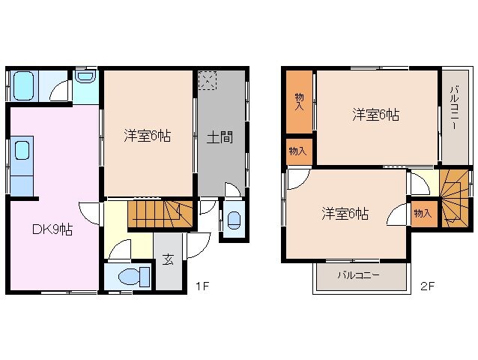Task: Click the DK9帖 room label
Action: coord(52,230)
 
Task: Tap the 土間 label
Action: coord(220,137)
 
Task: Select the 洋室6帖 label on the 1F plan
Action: coord(147,136)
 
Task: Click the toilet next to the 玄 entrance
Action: coord(128,276)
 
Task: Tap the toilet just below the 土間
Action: coord(233,220)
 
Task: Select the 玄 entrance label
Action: coord(168,260)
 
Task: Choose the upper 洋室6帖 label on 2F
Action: coord(375,115)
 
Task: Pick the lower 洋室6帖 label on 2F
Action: coord(345,213)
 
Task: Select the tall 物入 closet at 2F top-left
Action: coord(299,101)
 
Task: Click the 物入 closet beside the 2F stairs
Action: coord(422,213)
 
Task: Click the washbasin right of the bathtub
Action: coord(83,77)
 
